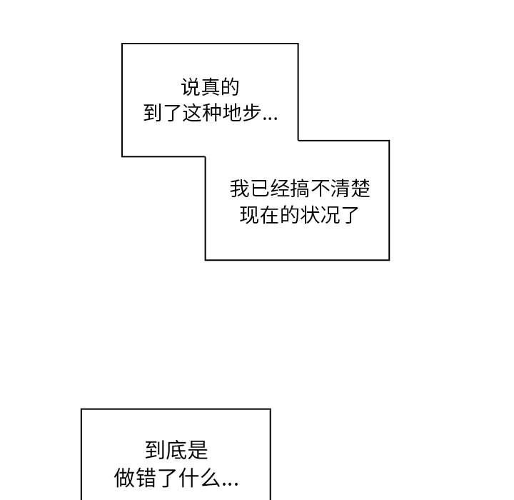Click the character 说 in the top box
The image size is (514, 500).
191,87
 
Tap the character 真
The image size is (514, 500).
210,87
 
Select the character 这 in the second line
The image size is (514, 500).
193,113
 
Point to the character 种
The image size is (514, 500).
212,113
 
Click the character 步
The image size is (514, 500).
251,113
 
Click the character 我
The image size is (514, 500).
240,189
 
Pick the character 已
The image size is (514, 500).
260,189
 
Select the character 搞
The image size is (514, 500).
300,189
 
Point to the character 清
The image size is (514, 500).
340,189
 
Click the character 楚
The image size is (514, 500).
361,189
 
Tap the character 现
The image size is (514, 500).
250,215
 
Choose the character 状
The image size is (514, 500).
309,215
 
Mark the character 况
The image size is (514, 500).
329,215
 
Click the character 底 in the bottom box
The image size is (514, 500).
176,450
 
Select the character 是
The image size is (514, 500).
198,450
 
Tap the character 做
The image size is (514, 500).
124,478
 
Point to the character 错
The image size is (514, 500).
145,478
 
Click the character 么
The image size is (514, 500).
209,478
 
